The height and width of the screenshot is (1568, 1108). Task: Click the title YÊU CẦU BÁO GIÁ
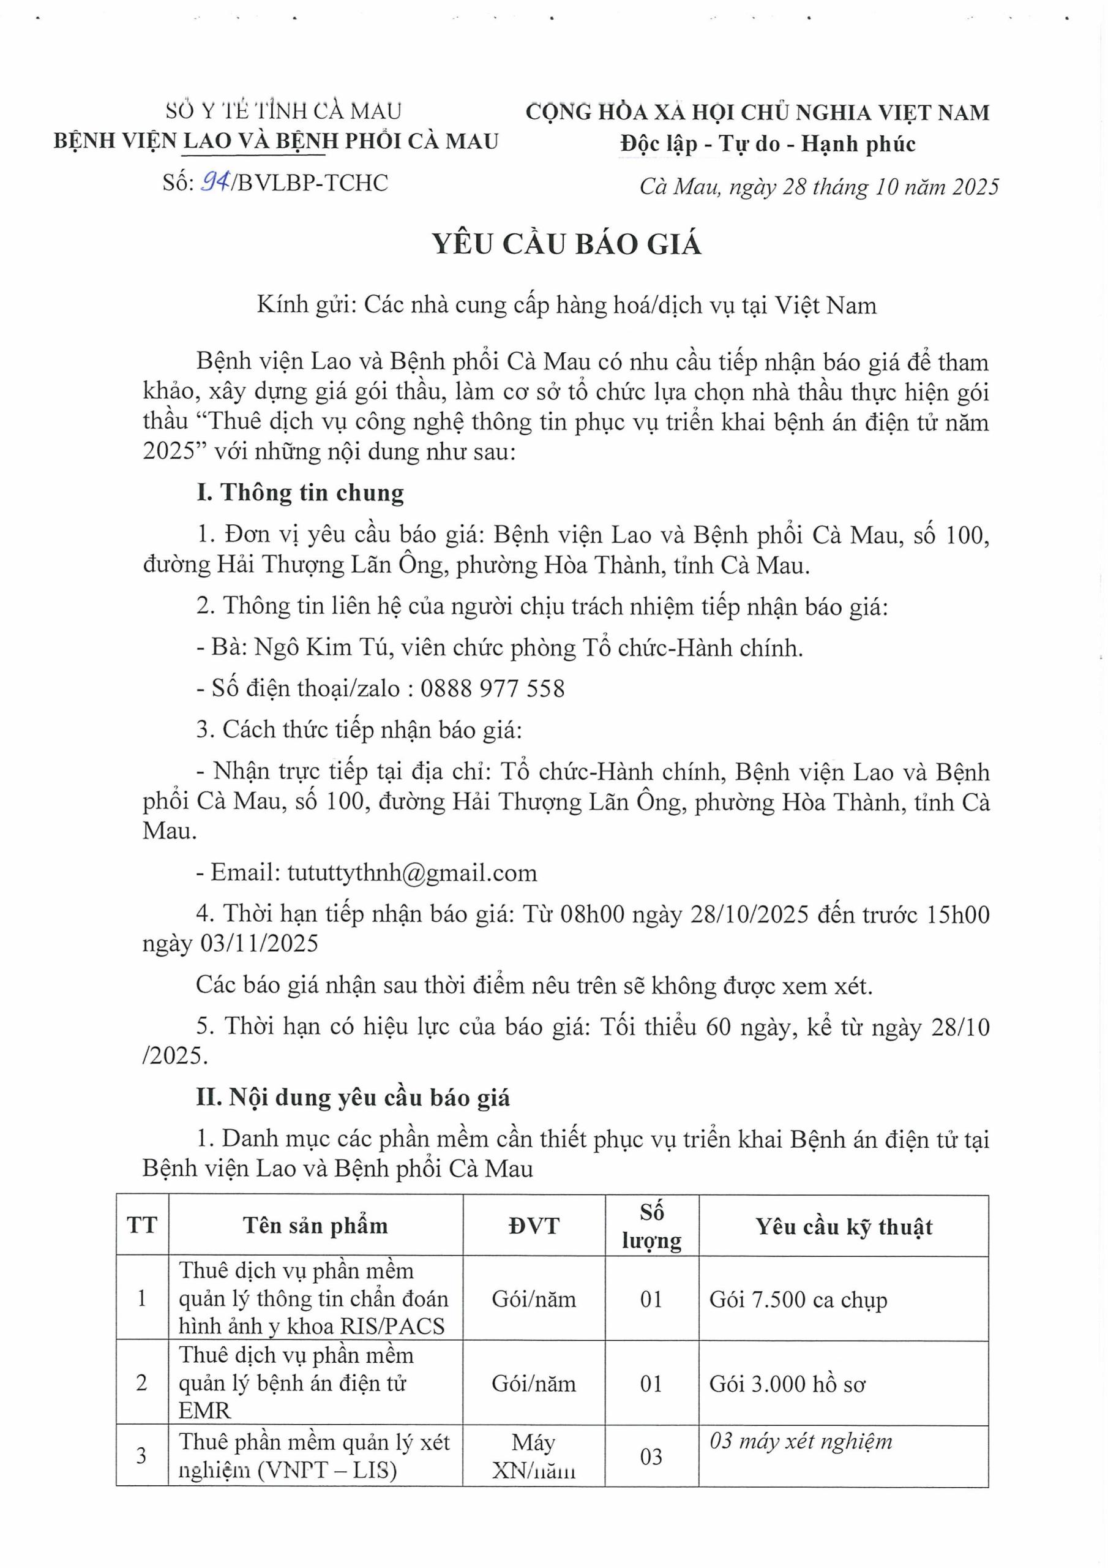[x=567, y=244]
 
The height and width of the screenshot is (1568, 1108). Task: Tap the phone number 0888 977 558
[x=492, y=688]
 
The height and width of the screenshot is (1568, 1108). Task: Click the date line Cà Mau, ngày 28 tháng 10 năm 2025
[x=818, y=186]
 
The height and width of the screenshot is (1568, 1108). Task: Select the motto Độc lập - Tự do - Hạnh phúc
[x=768, y=144]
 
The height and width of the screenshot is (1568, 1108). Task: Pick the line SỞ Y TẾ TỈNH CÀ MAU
[x=284, y=111]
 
